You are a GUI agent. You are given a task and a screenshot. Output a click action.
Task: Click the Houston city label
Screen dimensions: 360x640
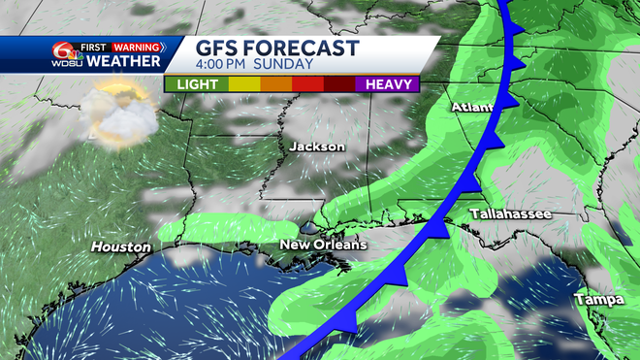tap(121, 247)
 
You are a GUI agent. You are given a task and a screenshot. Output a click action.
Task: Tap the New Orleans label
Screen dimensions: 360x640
tap(323, 245)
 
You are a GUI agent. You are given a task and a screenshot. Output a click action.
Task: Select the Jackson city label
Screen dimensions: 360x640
tap(316, 147)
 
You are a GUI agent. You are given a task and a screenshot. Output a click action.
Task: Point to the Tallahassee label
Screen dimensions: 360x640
tap(510, 213)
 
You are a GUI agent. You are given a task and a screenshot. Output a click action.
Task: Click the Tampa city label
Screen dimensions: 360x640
tap(598, 300)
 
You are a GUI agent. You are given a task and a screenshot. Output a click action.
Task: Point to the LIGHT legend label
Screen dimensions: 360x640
tap(196, 83)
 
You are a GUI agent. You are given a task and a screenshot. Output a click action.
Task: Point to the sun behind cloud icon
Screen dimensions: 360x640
tap(118, 110)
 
